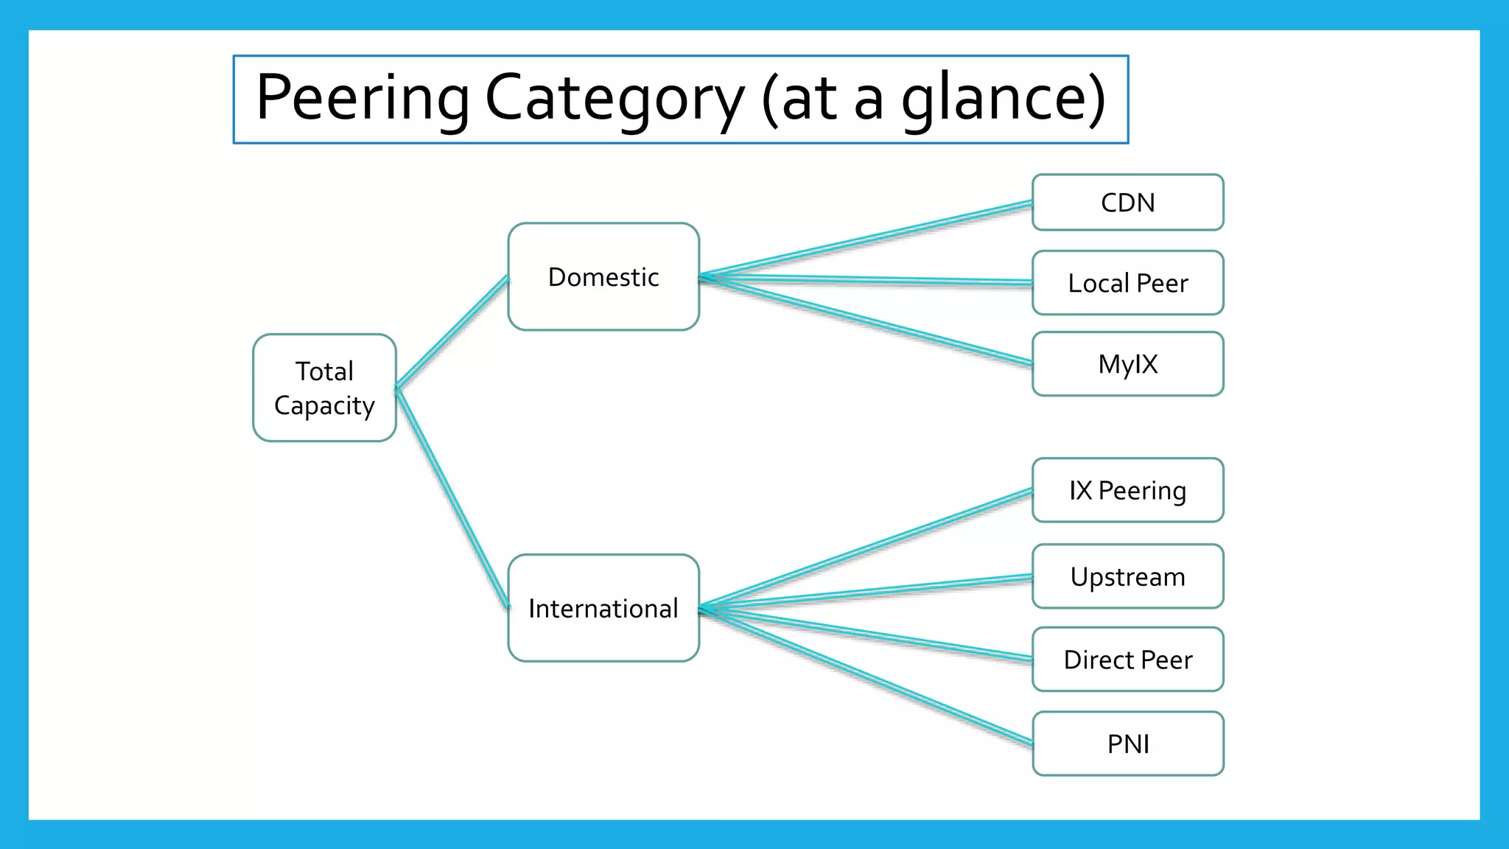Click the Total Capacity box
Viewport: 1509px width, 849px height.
324,388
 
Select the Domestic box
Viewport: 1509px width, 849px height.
603,276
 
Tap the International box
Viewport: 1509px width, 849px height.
603,608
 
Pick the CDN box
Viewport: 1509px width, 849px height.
1127,203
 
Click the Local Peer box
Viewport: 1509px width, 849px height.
1127,283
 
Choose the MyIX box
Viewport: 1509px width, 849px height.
1127,364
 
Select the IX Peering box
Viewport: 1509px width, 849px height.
1127,490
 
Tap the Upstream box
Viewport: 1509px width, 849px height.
1127,576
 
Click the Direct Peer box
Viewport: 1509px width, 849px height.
1127,660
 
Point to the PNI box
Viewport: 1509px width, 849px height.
1127,744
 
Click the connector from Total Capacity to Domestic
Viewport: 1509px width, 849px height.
452,332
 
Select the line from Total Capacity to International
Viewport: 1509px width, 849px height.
452,499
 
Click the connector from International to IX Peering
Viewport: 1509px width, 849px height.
866,549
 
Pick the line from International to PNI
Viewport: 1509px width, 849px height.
866,676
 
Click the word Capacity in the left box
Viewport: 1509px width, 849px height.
324,406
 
